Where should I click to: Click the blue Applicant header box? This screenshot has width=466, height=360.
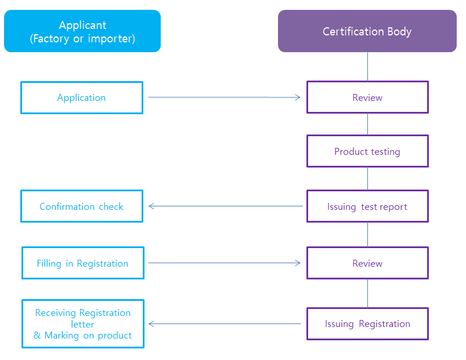tap(82, 31)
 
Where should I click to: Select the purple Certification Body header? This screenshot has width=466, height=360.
tap(367, 31)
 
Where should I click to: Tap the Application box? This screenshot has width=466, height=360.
tap(82, 97)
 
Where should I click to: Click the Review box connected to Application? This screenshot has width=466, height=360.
tap(367, 97)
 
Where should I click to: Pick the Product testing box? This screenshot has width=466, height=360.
tap(367, 151)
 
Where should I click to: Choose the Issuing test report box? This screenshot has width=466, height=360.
tap(367, 206)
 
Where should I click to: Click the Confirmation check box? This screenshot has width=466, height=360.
tap(82, 206)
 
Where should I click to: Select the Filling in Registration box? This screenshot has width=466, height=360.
tap(83, 263)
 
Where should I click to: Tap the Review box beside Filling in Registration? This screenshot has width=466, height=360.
tap(367, 263)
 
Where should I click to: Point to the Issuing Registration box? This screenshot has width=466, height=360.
tap(367, 324)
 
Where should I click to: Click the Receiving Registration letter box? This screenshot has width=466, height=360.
tap(83, 324)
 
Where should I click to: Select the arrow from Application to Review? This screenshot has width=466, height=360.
tap(225, 97)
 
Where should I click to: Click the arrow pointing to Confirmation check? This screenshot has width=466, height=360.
tap(225, 206)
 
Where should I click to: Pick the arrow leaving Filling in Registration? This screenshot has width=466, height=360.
tap(225, 263)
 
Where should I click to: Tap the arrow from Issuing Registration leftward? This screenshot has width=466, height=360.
tap(225, 324)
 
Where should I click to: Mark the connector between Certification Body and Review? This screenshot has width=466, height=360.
tap(367, 67)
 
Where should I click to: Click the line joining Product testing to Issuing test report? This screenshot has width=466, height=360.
tap(367, 179)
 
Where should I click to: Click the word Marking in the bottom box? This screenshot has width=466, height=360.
tap(62, 336)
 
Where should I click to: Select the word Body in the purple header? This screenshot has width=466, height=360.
tap(399, 32)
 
